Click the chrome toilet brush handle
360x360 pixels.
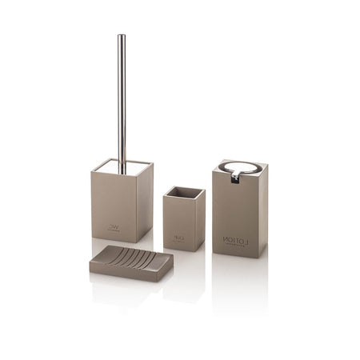tap(122, 96)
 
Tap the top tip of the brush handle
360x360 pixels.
tap(122, 37)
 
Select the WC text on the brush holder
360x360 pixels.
tap(114, 226)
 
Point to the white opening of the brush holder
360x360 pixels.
tap(120, 166)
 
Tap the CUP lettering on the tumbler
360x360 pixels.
tap(178, 238)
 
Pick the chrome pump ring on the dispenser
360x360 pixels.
tap(241, 169)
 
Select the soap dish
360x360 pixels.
tap(130, 263)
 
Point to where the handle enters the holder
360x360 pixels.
tap(122, 169)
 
